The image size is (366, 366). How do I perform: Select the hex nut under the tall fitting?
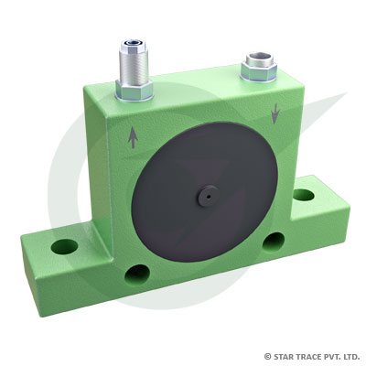[135, 88]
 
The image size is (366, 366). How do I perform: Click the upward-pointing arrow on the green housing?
[134, 138]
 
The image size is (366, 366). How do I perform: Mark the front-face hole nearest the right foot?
[270, 241]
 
